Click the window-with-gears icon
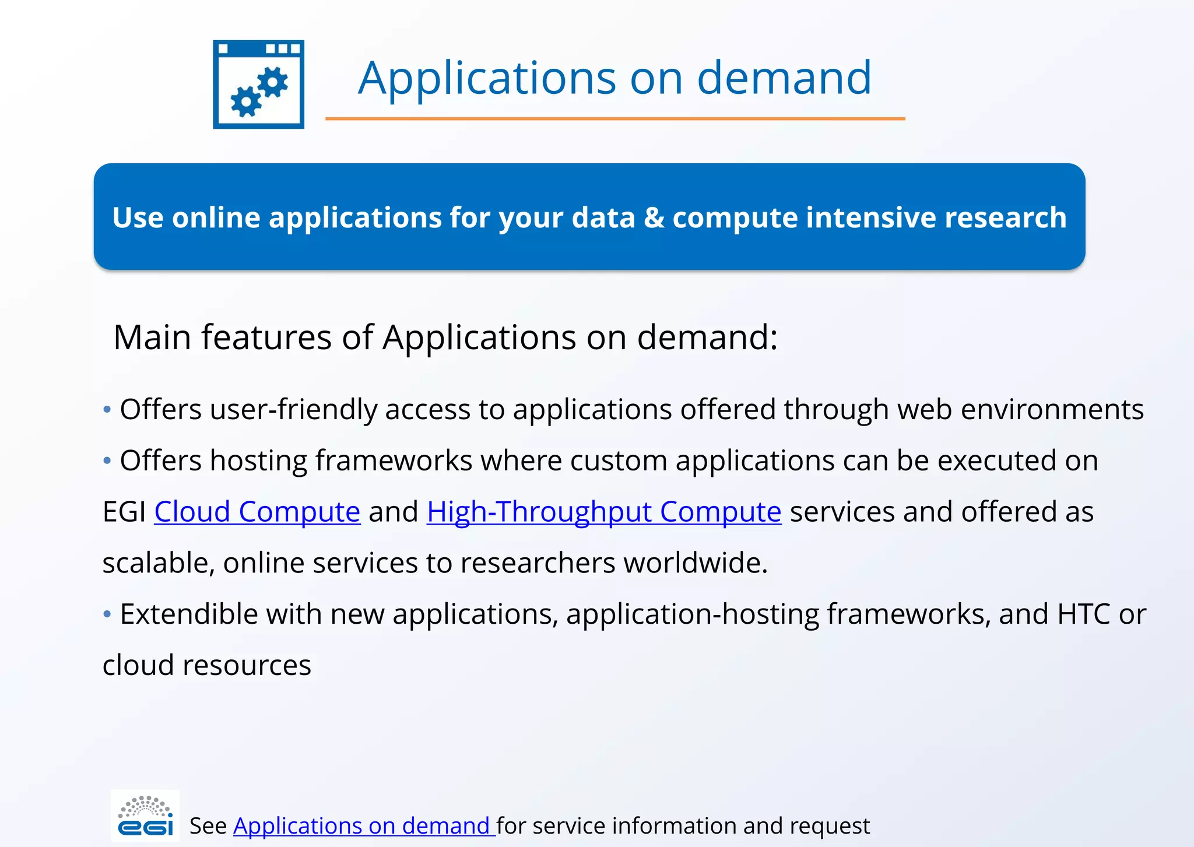(258, 84)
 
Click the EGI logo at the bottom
(145, 816)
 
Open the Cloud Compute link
(257, 512)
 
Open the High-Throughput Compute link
(603, 512)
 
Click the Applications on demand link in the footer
(364, 826)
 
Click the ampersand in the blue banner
(654, 217)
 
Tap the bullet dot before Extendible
(107, 614)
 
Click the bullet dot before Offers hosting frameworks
(107, 461)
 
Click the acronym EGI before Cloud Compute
(124, 512)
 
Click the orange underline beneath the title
(614, 119)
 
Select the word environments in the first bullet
(1052, 409)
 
